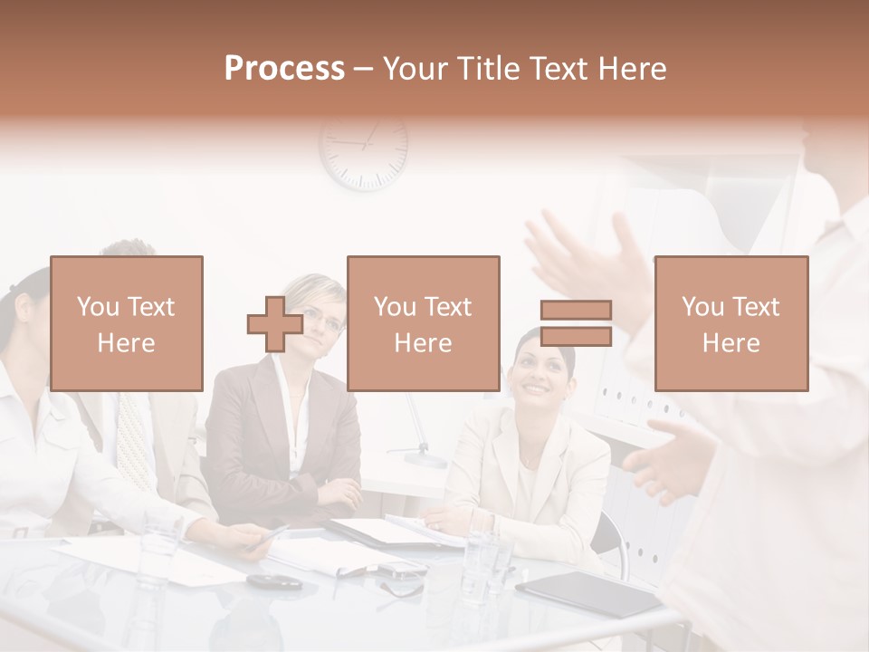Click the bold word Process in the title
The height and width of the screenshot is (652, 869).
click(x=284, y=69)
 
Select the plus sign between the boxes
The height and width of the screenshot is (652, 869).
click(x=275, y=323)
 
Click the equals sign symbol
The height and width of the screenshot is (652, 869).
click(x=576, y=323)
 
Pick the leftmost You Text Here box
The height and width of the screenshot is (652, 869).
click(x=127, y=323)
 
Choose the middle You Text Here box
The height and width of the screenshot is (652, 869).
click(x=424, y=323)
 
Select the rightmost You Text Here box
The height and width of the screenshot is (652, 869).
click(x=731, y=323)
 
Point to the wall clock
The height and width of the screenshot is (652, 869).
click(x=364, y=149)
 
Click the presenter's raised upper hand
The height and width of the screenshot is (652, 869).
click(x=588, y=258)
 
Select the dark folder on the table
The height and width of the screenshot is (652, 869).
click(x=588, y=594)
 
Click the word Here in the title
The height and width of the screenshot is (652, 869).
click(x=631, y=69)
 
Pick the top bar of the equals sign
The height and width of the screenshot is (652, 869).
click(x=576, y=310)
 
